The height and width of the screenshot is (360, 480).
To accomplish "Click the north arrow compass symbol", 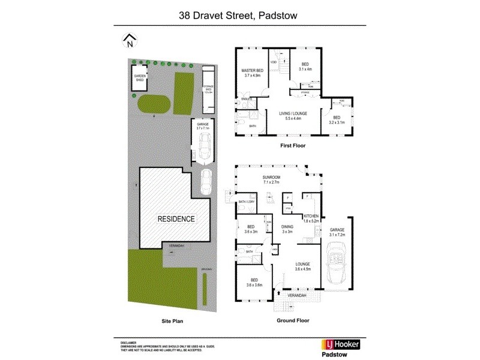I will click(x=130, y=41).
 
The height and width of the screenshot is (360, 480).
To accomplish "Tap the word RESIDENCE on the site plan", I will click(x=176, y=219).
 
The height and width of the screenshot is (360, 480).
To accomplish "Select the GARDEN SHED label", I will click(x=140, y=77).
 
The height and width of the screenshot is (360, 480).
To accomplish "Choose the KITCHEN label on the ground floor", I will click(x=310, y=218).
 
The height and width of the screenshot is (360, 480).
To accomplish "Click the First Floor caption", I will click(x=293, y=146).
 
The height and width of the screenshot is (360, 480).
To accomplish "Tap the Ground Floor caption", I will click(x=293, y=321).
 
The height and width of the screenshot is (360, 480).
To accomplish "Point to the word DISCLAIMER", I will click(x=130, y=340).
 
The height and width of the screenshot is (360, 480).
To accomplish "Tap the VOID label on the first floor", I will click(x=273, y=62).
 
